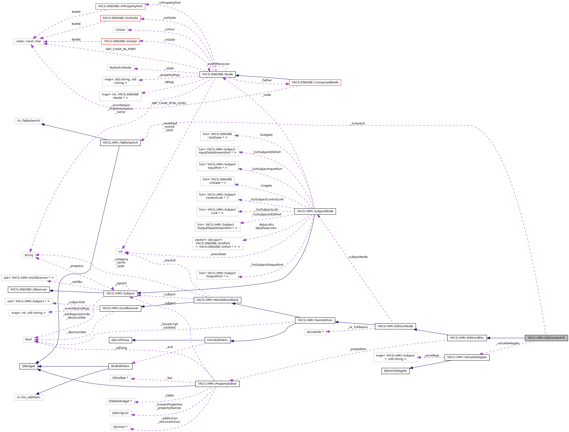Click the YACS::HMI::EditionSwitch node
546,338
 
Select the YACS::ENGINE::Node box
217,74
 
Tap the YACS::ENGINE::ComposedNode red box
315,82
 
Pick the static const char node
29,41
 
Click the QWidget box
29,366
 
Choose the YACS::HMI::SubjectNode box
315,211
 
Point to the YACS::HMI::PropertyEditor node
217,384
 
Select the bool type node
29,339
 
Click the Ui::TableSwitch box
29,121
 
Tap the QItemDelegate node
395,371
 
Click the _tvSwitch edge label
358,124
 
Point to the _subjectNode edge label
358,257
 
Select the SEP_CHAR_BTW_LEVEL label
169,103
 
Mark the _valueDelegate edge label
508,343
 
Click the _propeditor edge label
358,349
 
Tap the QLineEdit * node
315,332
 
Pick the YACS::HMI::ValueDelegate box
467,357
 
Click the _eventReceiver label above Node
218,64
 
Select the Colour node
120,30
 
